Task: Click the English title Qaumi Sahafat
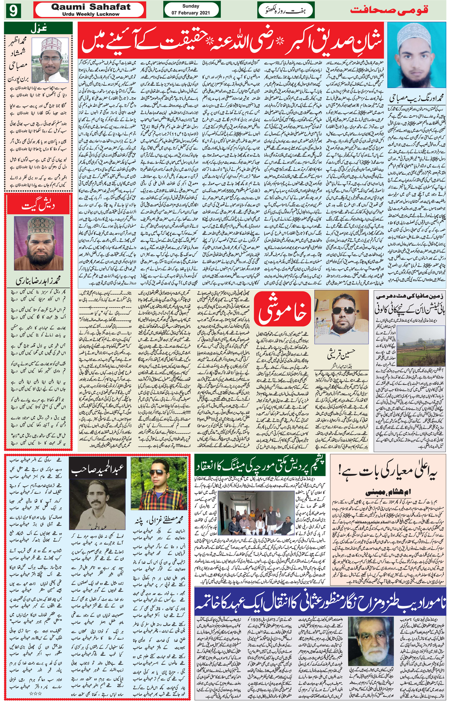(91, 7)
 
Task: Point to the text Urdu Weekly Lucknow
(91, 14)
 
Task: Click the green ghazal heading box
(38, 29)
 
